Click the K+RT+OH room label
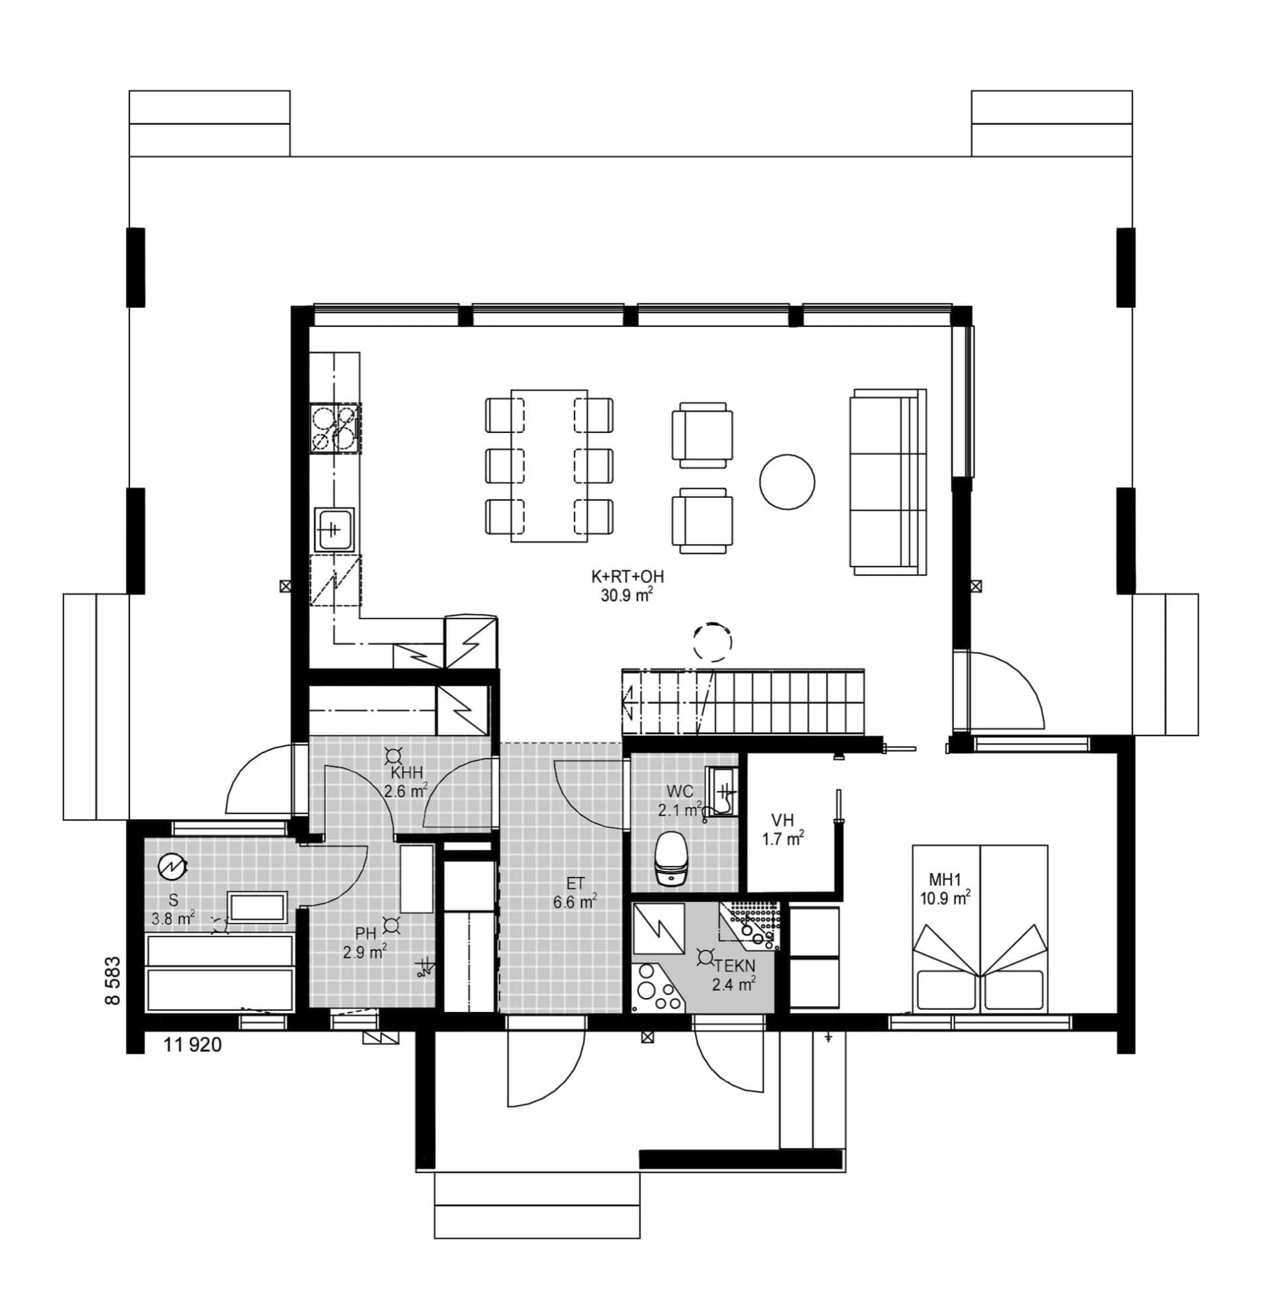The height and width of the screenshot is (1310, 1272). (x=627, y=577)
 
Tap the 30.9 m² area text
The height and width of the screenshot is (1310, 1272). (x=627, y=594)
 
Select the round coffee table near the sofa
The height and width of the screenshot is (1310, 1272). (x=787, y=482)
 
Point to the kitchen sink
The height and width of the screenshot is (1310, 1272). (x=335, y=530)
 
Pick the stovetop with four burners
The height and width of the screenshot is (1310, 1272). (x=335, y=428)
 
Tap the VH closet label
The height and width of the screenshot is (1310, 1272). (x=782, y=820)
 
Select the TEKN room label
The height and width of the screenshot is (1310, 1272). (x=735, y=965)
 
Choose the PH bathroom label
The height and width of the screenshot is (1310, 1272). (x=366, y=933)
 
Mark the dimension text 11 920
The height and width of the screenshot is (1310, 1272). (x=193, y=1045)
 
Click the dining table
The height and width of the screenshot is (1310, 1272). (x=549, y=465)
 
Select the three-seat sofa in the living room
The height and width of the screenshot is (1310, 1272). (x=888, y=481)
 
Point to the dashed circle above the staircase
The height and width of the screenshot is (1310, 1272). (x=712, y=642)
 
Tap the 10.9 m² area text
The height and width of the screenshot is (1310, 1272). (x=945, y=898)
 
